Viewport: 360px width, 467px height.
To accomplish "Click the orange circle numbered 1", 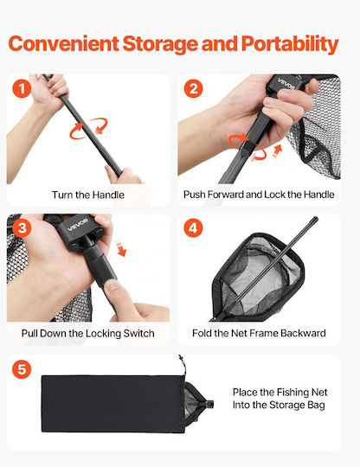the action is pyautogui.click(x=22, y=89).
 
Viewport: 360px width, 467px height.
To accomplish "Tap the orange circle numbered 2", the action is pyautogui.click(x=193, y=88).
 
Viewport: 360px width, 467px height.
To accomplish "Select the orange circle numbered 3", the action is pyautogui.click(x=22, y=228).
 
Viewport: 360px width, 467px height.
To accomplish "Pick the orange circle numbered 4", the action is pyautogui.click(x=193, y=227).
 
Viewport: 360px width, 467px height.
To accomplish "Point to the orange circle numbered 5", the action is pyautogui.click(x=22, y=369).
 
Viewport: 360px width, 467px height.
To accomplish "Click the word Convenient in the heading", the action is pyautogui.click(x=64, y=43).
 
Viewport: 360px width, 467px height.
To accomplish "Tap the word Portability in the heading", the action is pyautogui.click(x=290, y=45).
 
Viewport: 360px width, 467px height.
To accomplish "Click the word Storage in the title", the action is pyautogui.click(x=160, y=45).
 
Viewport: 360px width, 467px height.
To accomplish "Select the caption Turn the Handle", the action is pyautogui.click(x=88, y=195).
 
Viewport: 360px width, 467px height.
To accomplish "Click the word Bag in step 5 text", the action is pyautogui.click(x=316, y=406).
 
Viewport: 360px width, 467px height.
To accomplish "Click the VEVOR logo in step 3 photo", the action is pyautogui.click(x=78, y=225).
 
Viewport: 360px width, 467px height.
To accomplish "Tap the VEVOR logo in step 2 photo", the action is pyautogui.click(x=286, y=83).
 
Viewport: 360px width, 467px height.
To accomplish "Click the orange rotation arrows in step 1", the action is pyautogui.click(x=88, y=128).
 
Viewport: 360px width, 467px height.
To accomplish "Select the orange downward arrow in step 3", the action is pyautogui.click(x=120, y=249).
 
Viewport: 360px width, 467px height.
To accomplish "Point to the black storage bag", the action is pyautogui.click(x=113, y=404).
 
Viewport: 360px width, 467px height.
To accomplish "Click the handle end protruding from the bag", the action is pyautogui.click(x=209, y=404).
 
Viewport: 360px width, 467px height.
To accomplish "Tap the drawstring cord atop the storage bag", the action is pyautogui.click(x=183, y=364).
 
